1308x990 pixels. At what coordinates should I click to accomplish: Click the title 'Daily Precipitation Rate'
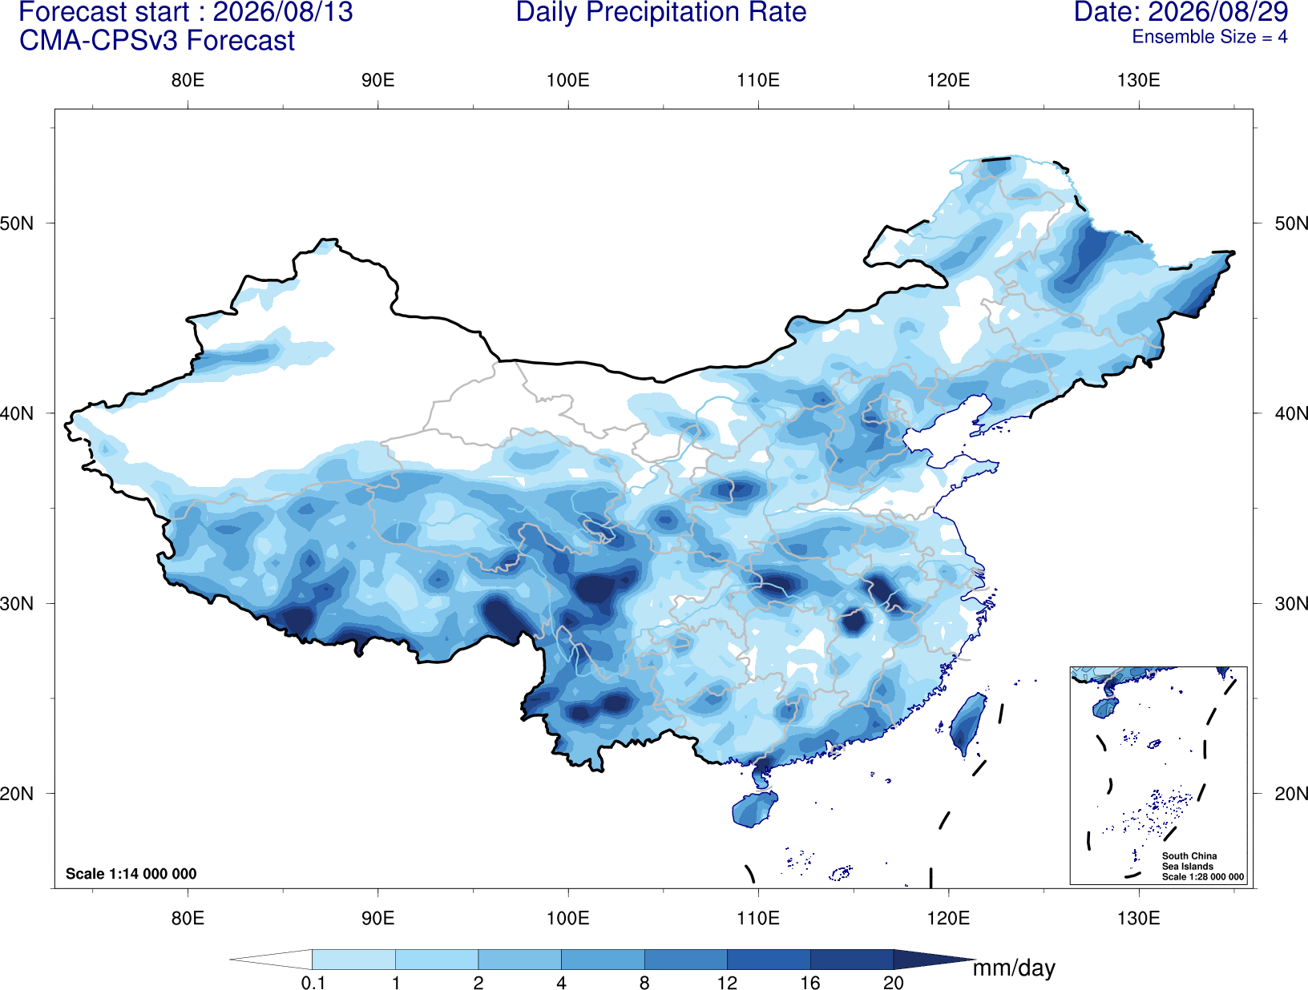click(x=661, y=12)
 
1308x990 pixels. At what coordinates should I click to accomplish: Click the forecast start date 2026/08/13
click(x=283, y=12)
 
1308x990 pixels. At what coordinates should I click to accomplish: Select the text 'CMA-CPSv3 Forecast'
click(x=157, y=41)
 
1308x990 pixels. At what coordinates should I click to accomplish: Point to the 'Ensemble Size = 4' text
click(x=1209, y=37)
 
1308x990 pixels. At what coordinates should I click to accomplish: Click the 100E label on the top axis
click(x=568, y=80)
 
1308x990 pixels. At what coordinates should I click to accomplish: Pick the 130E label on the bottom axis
click(x=1139, y=918)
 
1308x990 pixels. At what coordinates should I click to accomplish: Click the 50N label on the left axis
click(x=17, y=223)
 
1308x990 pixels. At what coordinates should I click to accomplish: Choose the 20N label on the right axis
click(x=1290, y=794)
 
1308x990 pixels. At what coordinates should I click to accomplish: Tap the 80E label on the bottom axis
click(x=188, y=918)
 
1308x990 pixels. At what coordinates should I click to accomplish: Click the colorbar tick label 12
click(x=727, y=982)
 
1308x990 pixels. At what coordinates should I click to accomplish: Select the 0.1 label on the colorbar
click(x=313, y=982)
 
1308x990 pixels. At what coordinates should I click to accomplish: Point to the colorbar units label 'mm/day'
click(x=1014, y=968)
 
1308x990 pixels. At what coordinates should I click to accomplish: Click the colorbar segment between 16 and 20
click(x=851, y=959)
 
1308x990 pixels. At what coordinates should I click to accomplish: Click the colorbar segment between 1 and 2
click(x=437, y=959)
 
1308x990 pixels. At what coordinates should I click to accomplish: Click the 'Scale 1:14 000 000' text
click(x=131, y=874)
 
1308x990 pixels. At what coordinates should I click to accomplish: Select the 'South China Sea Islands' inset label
click(x=1189, y=861)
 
